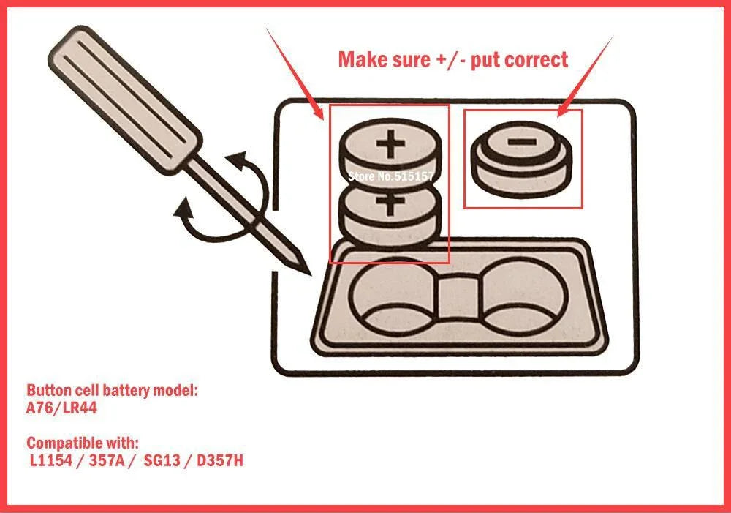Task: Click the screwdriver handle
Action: coord(125,99)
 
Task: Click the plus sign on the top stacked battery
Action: coord(390,143)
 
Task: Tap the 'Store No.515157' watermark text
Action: coord(390,176)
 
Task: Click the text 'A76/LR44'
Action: coord(61,408)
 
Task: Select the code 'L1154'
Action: coord(51,460)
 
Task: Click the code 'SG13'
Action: coord(162,460)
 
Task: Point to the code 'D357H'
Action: coord(220,460)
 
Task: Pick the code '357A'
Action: coord(107,460)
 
